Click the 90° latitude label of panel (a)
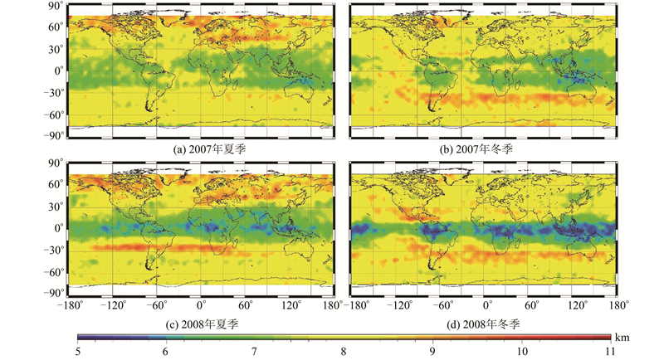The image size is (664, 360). (55, 6)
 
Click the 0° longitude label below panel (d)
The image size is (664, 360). (486, 305)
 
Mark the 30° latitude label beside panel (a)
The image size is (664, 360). (55, 48)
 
